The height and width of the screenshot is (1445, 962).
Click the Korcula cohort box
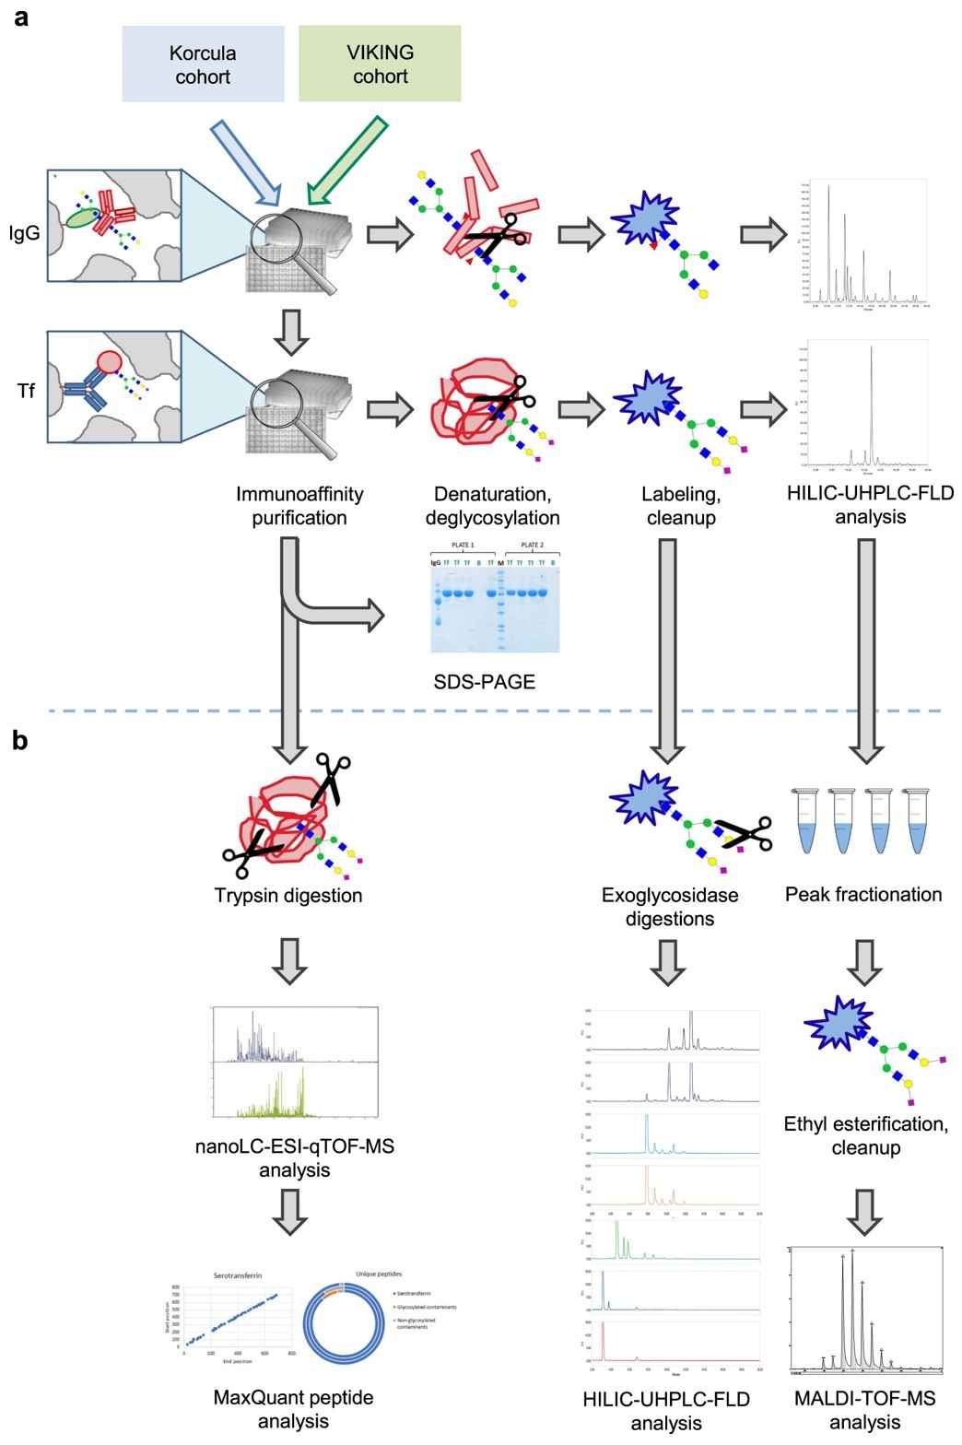pyautogui.click(x=203, y=64)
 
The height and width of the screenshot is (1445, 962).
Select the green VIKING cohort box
pyautogui.click(x=380, y=64)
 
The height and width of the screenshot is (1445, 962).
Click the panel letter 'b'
pyautogui.click(x=20, y=740)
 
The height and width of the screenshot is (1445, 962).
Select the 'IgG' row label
pyautogui.click(x=25, y=234)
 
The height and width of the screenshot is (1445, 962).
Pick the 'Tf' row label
pyautogui.click(x=27, y=391)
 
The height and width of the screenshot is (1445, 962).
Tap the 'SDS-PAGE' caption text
pyautogui.click(x=484, y=682)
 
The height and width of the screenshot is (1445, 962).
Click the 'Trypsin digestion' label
pyautogui.click(x=288, y=895)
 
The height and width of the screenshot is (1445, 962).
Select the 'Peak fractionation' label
pyautogui.click(x=863, y=894)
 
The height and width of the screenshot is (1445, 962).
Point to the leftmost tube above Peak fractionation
pyautogui.click(x=808, y=819)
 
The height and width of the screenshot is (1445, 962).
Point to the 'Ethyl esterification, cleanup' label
pyautogui.click(x=866, y=1135)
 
